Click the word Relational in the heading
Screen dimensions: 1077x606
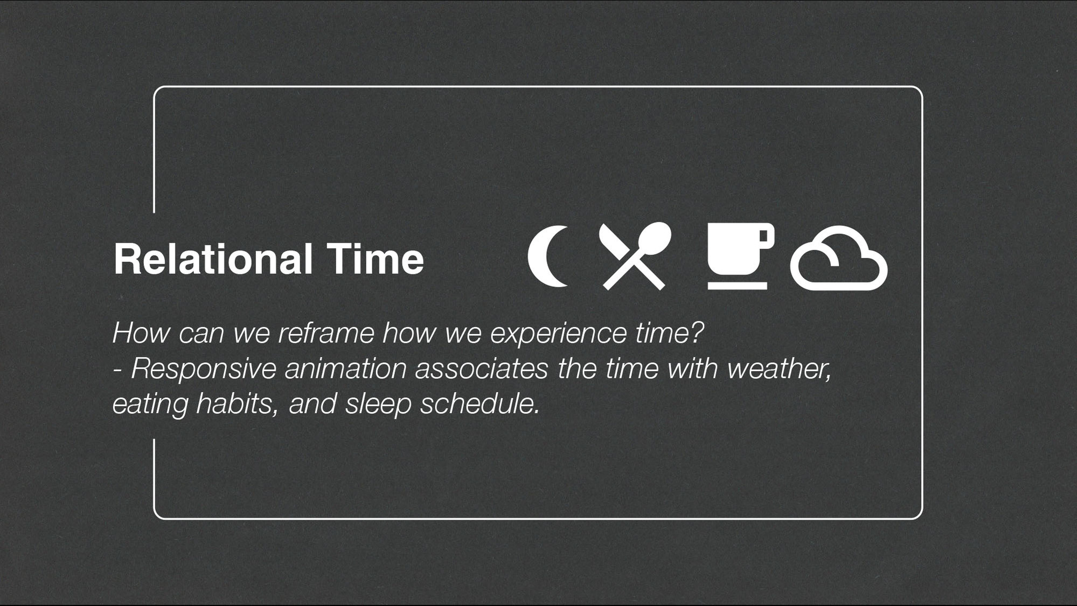[x=213, y=259]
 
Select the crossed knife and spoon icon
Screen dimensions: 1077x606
[x=635, y=256]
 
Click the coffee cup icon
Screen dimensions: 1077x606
[x=740, y=256]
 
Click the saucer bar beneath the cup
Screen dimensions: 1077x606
[x=737, y=286]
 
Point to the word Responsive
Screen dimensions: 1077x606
[x=204, y=369]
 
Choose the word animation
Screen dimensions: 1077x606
[x=345, y=369]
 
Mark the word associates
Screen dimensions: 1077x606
[x=482, y=369]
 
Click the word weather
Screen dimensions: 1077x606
[x=779, y=369]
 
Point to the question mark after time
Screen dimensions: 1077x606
[x=697, y=332]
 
